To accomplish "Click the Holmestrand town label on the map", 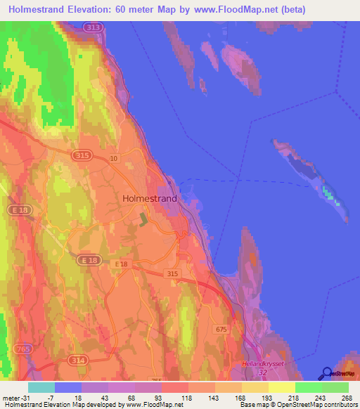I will pos(150,198).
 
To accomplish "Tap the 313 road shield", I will pos(91,27).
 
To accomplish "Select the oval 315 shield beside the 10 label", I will pos(82,153).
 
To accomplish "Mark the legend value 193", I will pos(257,398).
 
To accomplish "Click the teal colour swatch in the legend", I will pos(41,387).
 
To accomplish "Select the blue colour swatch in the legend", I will pos(68,387).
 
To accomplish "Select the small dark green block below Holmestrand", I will pos(144,219).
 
